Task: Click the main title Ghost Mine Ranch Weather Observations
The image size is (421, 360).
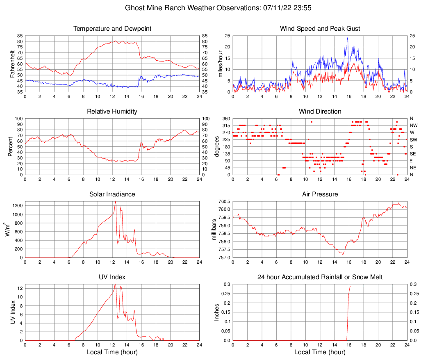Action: [210, 8]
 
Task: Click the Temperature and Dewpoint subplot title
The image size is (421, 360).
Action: [112, 29]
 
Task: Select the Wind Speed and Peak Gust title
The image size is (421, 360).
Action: [320, 29]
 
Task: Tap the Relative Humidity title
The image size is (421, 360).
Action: [112, 112]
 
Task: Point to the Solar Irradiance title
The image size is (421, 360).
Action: [112, 194]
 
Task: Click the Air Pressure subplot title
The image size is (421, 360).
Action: [320, 194]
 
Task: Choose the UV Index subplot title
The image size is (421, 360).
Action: [112, 277]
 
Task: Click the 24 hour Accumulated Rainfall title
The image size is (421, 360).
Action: [320, 277]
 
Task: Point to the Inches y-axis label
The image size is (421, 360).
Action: [217, 312]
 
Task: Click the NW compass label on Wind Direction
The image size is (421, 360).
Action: [414, 125]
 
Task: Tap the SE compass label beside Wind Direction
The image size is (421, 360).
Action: [413, 154]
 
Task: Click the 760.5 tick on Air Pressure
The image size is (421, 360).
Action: [224, 201]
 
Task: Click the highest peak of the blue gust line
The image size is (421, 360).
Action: [348, 38]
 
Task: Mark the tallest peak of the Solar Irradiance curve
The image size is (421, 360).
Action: [115, 201]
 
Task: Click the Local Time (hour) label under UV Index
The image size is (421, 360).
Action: [112, 352]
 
